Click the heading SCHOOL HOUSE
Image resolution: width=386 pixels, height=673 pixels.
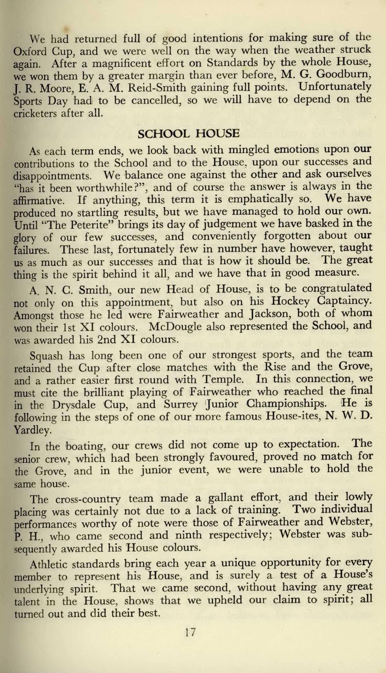pos(189,134)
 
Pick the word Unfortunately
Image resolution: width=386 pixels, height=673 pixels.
pos(335,87)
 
